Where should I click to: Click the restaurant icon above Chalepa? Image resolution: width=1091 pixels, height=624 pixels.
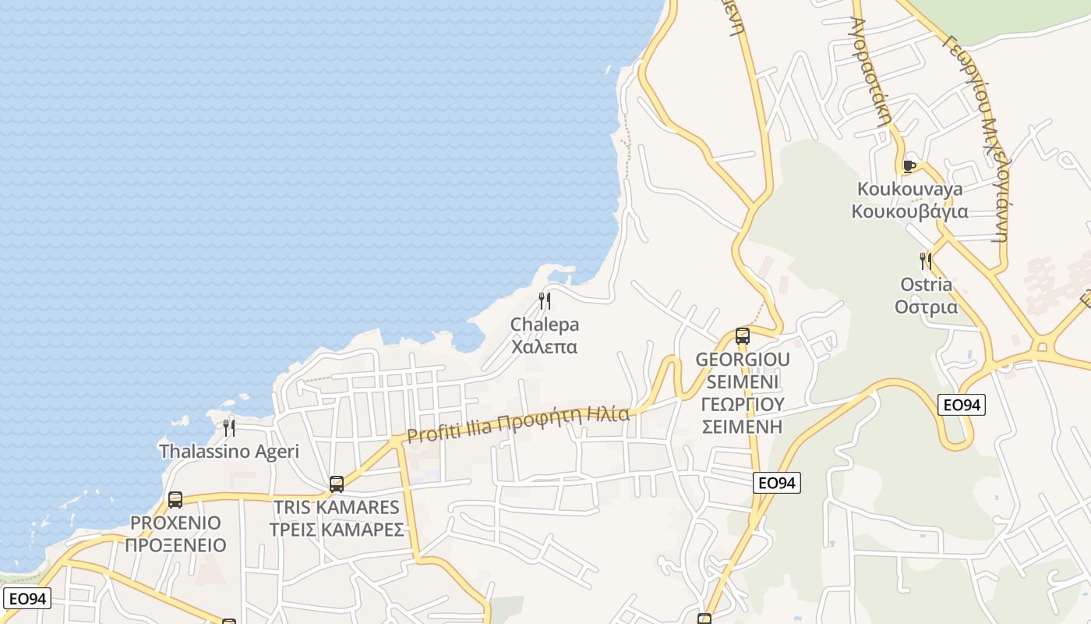[545, 301]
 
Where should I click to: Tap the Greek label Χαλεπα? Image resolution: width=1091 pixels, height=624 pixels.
[545, 346]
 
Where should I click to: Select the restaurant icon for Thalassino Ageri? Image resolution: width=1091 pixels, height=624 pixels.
[229, 427]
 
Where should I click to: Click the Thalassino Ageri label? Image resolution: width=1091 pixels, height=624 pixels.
[229, 451]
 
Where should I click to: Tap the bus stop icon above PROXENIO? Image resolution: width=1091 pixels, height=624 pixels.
[175, 500]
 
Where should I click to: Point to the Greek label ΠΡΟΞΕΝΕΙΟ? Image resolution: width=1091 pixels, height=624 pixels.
[175, 545]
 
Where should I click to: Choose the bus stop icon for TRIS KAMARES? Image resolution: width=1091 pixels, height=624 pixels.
[337, 484]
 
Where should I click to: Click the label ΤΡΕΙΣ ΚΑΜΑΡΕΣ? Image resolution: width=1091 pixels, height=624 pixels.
[337, 530]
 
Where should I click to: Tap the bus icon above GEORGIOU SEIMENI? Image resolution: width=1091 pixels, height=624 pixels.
[743, 336]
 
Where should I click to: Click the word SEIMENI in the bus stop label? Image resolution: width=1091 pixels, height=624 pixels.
[743, 382]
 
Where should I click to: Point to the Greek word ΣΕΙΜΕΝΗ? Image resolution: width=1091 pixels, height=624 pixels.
[743, 427]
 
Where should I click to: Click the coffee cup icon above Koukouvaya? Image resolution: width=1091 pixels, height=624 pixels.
[909, 165]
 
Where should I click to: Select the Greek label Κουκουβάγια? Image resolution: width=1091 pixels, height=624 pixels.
[909, 211]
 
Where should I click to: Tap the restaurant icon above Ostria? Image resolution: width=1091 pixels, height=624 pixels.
[925, 261]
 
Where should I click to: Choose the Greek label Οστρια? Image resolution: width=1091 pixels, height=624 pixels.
[926, 307]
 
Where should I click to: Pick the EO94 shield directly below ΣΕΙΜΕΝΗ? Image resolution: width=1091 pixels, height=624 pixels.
[777, 483]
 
